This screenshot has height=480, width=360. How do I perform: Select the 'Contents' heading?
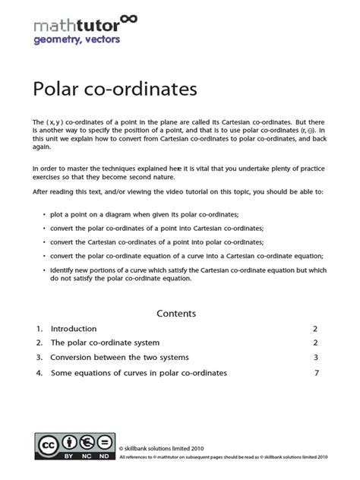click(176, 313)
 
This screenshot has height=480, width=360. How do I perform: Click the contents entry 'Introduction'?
click(74, 329)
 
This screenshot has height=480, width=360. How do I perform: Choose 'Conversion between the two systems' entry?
click(119, 357)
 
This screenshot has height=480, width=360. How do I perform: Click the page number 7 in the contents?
click(315, 373)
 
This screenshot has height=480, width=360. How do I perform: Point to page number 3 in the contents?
click(314, 357)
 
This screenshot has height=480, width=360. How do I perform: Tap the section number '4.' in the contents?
click(39, 373)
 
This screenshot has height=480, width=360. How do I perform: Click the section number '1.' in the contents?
click(39, 329)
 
